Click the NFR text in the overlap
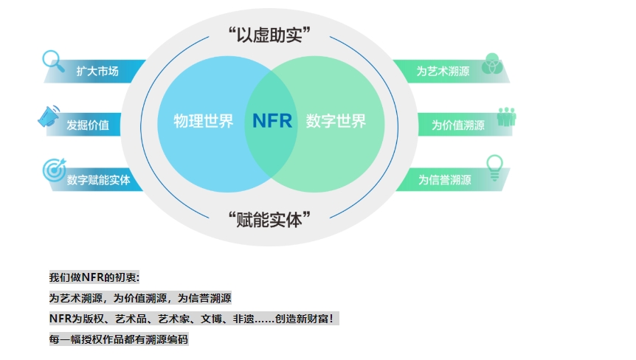[272, 121]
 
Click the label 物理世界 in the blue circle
[204, 121]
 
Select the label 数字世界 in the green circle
[336, 121]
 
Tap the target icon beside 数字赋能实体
[54, 170]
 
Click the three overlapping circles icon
[492, 63]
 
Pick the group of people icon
[506, 117]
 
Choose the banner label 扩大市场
[97, 72]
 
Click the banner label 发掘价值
[88, 125]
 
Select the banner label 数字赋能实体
[98, 180]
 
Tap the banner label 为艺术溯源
[443, 71]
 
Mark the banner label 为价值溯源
[458, 125]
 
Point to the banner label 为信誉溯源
[445, 180]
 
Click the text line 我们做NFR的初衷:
[94, 277]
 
